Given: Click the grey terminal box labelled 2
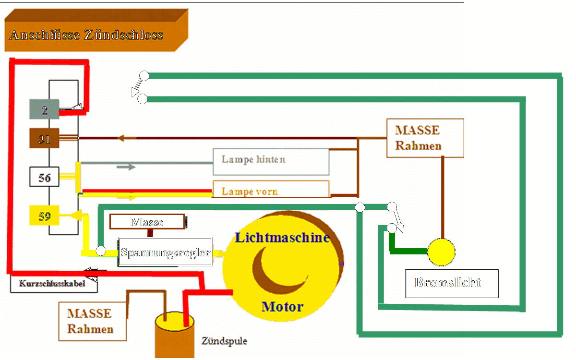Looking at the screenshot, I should tap(44, 109).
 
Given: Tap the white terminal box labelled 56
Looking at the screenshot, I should tap(44, 177).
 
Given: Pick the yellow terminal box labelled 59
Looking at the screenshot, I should tap(44, 216).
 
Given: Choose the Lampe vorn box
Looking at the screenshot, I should tap(271, 190).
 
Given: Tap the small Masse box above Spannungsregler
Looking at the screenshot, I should tap(147, 222).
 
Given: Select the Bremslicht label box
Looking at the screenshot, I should tap(451, 283).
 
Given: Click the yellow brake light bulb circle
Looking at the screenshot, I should tap(441, 252).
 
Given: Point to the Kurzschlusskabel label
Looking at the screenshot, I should tap(53, 284).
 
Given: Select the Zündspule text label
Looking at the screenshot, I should tap(224, 341).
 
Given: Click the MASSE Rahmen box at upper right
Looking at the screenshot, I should tap(425, 138).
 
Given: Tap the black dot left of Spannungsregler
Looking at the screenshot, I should tap(100, 251).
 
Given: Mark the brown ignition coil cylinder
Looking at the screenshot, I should tap(174, 336).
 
